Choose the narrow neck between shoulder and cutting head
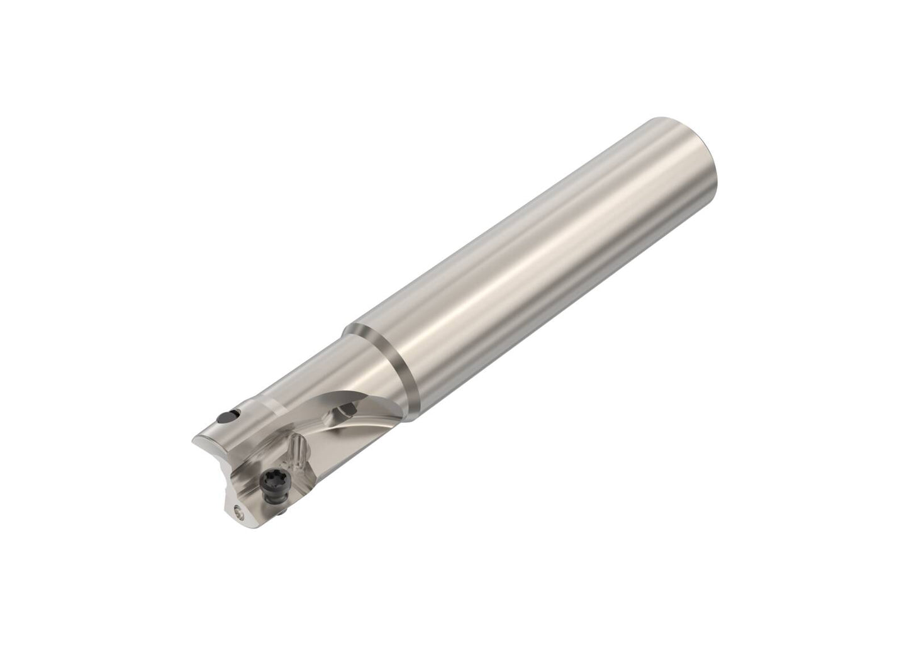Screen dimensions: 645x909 [315, 384]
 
